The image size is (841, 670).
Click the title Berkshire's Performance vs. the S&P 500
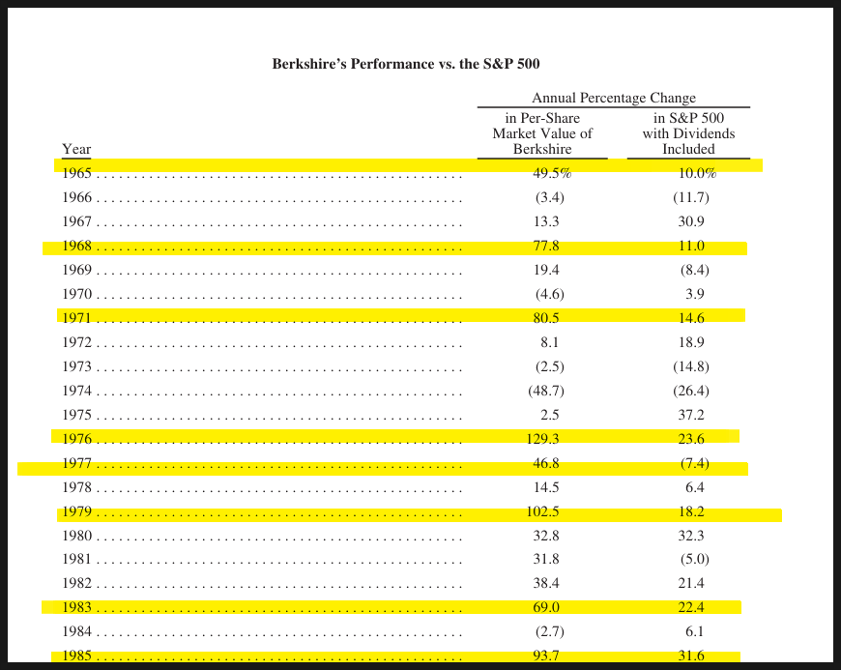[406, 64]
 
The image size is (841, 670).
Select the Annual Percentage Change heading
[614, 98]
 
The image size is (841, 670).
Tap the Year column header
[76, 149]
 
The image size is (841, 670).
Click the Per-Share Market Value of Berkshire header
[542, 133]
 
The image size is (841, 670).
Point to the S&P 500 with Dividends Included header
[688, 133]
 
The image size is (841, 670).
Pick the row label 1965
[76, 173]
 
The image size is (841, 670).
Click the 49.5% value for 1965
[552, 173]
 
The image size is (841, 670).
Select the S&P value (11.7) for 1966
[691, 197]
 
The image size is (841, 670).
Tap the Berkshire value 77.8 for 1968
[546, 246]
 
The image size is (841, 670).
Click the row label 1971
[76, 318]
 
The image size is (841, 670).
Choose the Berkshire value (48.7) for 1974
[546, 391]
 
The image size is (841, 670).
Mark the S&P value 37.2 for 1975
[691, 415]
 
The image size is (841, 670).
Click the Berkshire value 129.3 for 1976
[542, 439]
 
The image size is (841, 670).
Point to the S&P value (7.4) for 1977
[695, 463]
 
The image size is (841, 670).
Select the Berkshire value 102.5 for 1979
[542, 511]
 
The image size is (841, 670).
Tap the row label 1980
[76, 536]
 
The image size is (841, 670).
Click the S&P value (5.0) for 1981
[695, 559]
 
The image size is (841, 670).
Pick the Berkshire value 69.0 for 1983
[546, 607]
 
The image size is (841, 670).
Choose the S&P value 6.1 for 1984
[695, 631]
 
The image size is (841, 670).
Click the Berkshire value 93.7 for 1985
[546, 655]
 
